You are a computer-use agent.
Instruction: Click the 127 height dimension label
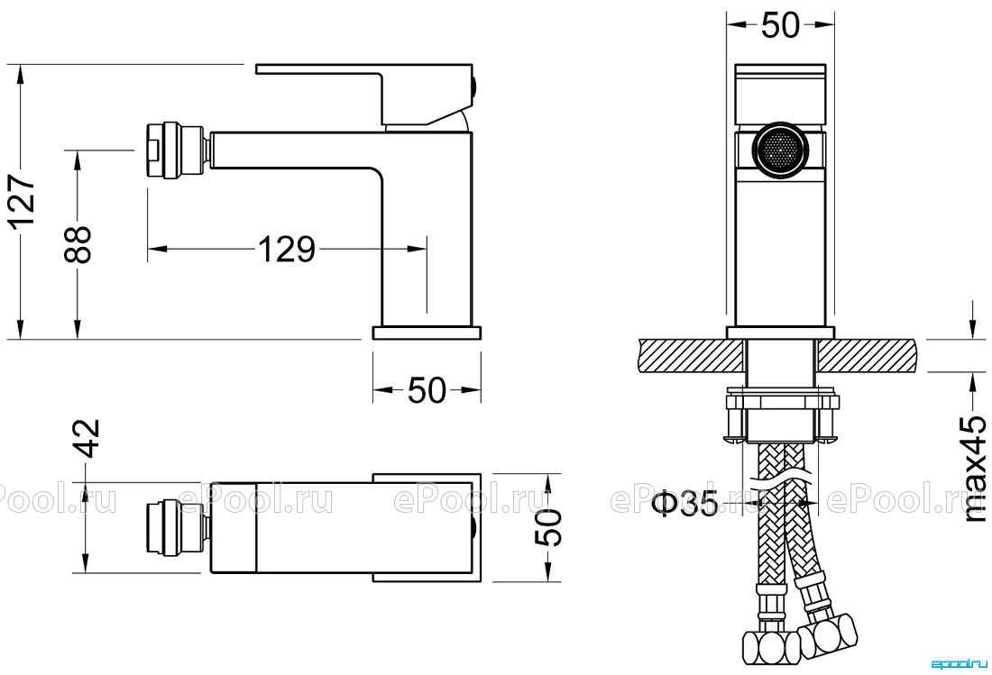(x=23, y=201)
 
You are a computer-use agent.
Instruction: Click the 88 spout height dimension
(x=78, y=244)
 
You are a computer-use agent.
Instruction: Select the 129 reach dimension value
(x=287, y=249)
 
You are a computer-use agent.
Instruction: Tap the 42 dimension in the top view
(x=89, y=437)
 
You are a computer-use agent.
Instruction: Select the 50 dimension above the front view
(x=781, y=25)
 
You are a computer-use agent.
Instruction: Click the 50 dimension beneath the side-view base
(x=427, y=390)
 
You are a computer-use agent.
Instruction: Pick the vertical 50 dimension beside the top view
(x=548, y=526)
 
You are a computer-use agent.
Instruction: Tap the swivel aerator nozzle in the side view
(x=176, y=150)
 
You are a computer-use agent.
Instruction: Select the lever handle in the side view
(x=365, y=94)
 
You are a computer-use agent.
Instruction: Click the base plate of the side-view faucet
(x=427, y=333)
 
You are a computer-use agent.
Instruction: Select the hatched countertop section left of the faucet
(x=692, y=355)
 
